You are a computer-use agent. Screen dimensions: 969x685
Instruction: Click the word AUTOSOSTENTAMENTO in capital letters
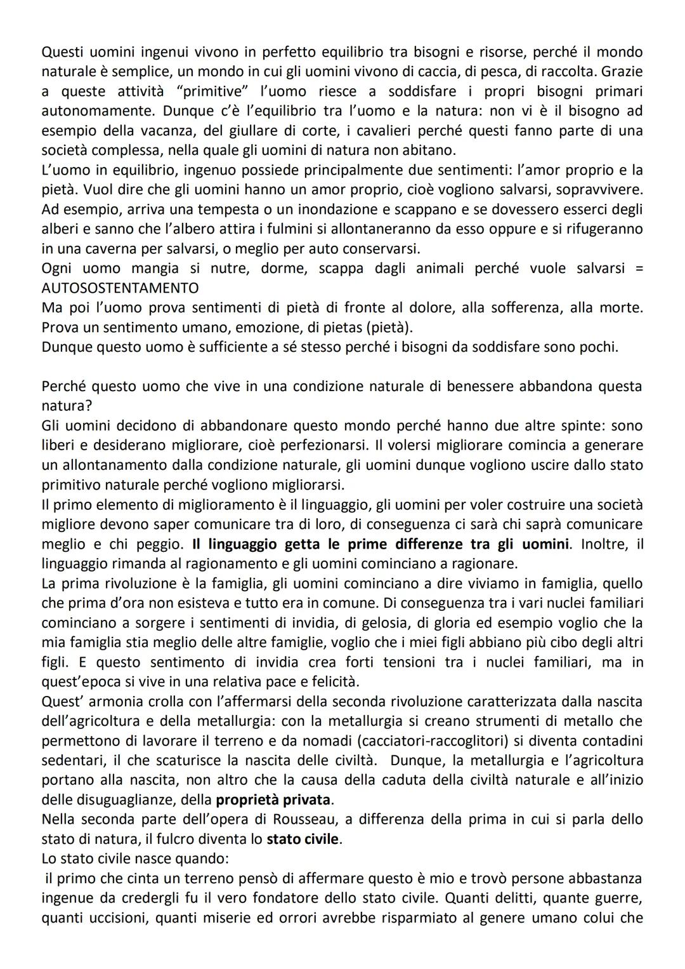(x=120, y=288)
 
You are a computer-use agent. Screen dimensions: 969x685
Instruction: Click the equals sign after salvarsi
(x=638, y=268)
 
